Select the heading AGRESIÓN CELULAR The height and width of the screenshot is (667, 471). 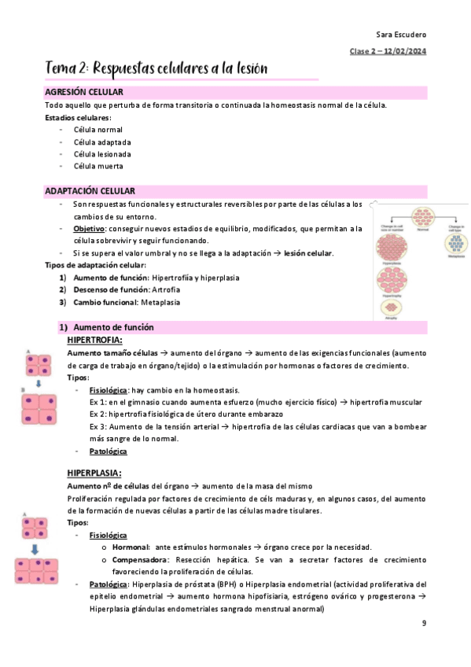click(84, 93)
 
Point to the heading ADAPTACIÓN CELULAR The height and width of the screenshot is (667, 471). click(90, 191)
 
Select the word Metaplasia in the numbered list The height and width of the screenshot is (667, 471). click(161, 302)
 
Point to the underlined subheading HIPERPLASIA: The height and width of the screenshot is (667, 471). click(94, 473)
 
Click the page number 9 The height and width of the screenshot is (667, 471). click(424, 624)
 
